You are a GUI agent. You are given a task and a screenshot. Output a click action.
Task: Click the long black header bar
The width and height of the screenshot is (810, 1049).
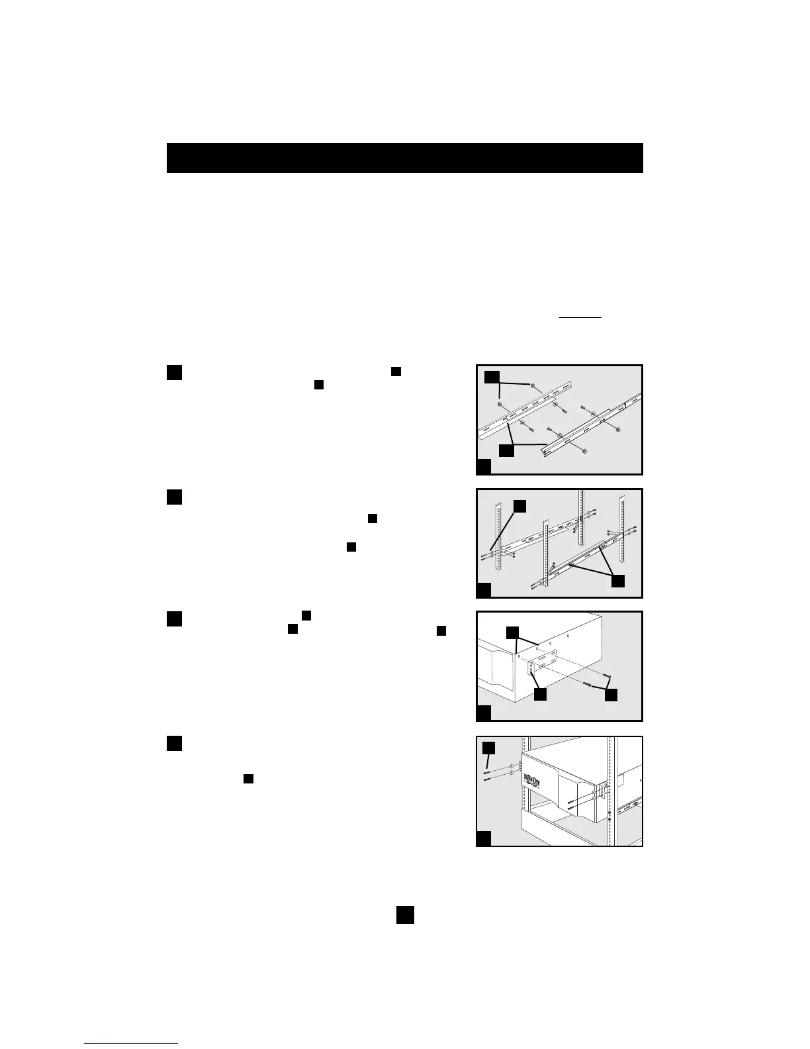pyautogui.click(x=404, y=158)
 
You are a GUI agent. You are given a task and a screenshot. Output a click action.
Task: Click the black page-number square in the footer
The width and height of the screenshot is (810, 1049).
pyautogui.click(x=405, y=915)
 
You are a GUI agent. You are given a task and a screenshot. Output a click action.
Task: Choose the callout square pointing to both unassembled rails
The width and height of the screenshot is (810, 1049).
pyautogui.click(x=506, y=450)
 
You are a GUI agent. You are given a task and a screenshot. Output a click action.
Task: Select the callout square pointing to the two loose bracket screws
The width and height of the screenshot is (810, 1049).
pyautogui.click(x=610, y=695)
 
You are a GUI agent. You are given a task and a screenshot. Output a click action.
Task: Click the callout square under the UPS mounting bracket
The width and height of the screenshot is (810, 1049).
pyautogui.click(x=540, y=695)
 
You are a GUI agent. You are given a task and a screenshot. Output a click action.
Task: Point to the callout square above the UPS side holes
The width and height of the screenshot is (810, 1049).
pyautogui.click(x=513, y=632)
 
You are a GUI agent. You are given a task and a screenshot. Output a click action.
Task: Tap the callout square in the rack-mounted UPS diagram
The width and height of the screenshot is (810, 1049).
pyautogui.click(x=488, y=748)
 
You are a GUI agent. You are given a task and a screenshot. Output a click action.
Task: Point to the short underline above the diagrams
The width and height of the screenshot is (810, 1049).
pyautogui.click(x=580, y=318)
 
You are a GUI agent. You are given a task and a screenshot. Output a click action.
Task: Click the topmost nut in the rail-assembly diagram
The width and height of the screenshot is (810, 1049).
pyautogui.click(x=533, y=385)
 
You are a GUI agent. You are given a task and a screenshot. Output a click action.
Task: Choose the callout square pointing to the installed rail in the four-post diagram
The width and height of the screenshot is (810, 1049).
pyautogui.click(x=617, y=581)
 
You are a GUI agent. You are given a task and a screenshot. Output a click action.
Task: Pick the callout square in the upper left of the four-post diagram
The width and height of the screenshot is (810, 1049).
pyautogui.click(x=520, y=507)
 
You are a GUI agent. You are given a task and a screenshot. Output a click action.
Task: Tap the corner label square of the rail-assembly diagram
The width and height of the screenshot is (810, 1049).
pyautogui.click(x=484, y=467)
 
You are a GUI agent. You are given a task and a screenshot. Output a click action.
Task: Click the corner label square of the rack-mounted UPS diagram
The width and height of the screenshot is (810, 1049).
pyautogui.click(x=484, y=839)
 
